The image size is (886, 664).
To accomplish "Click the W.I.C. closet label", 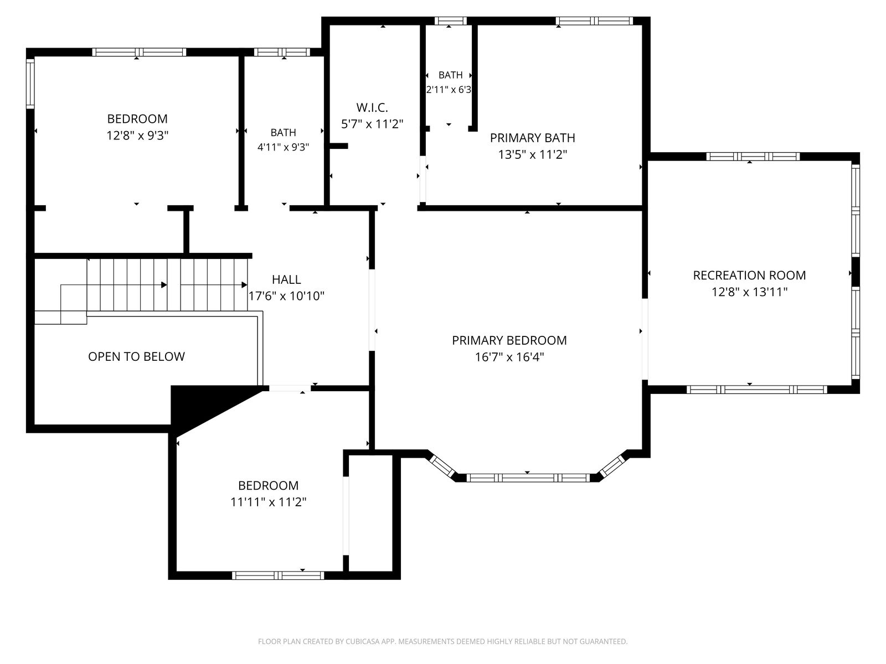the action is pos(372,108).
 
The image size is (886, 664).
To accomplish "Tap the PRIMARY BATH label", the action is pos(532,138).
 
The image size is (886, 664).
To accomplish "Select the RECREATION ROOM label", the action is pos(749,276).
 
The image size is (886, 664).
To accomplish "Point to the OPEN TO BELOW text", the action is pos(136,356).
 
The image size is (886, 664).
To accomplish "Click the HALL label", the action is pos(286,279).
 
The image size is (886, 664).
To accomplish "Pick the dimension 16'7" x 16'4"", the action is pos(509,357).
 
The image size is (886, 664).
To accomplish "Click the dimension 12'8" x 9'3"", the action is pos(137,136).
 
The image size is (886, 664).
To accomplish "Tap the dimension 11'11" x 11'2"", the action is pos(269,502).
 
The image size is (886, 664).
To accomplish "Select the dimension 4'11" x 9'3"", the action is pos(284,147).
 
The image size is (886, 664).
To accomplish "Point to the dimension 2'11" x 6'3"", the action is pos(449,90).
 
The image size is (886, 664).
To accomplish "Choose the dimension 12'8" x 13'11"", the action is pos(750,292).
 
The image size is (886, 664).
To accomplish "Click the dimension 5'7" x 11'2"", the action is pos(372,124).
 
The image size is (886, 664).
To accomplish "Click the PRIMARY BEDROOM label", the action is pos(509,341).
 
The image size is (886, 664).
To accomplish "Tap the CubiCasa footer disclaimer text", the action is pos(443,641).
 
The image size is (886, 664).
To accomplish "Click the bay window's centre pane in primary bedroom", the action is pos(528,478).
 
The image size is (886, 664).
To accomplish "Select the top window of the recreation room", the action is pos(753,157).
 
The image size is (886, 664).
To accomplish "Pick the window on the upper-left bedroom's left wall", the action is pos(30,84).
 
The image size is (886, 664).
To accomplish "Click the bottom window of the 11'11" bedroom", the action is pos(278,575).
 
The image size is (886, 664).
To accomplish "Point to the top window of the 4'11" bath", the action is pos(282,52).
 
